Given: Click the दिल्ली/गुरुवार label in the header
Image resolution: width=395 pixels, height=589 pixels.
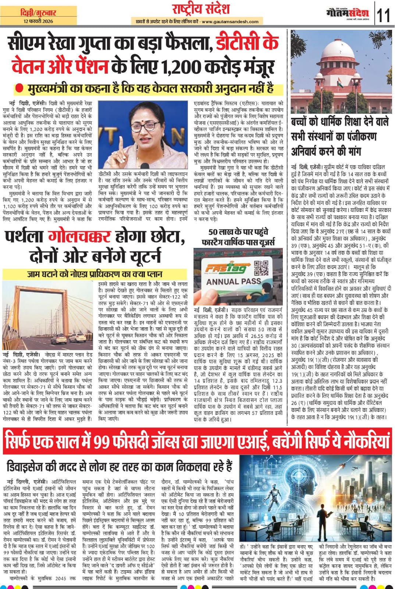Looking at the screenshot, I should pyautogui.click(x=36, y=13).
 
